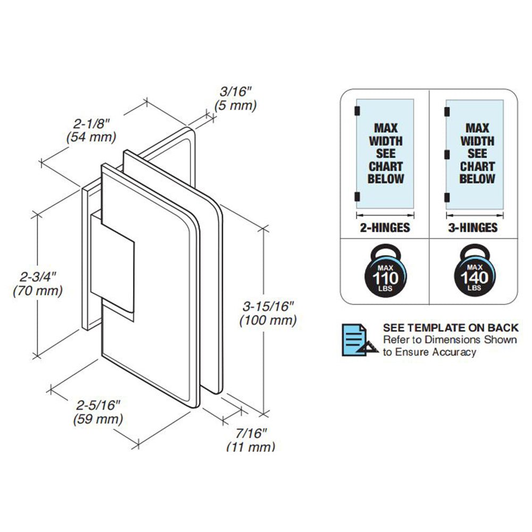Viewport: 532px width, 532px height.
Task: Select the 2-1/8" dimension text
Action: click(92, 124)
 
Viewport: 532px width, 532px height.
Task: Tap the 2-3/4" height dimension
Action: click(37, 277)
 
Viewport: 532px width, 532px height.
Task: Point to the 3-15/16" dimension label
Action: click(268, 306)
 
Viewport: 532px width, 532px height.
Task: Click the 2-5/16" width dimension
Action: click(98, 405)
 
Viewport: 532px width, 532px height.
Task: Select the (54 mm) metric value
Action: click(91, 137)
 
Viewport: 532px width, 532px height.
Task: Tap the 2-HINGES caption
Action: click(384, 228)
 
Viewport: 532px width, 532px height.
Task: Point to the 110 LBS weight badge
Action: click(385, 272)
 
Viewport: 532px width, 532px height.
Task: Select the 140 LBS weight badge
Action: click(473, 272)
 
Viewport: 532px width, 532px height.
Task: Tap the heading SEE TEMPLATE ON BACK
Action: click(450, 328)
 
